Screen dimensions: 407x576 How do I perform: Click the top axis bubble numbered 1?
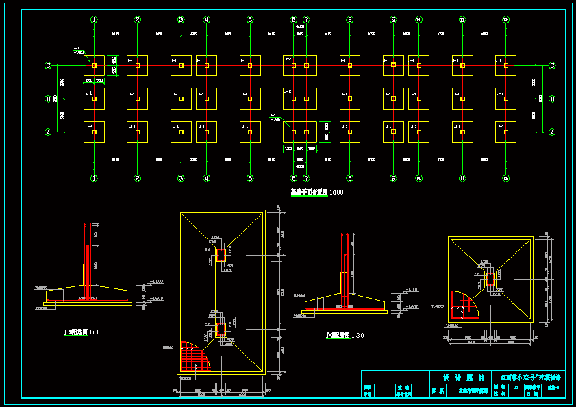(94, 20)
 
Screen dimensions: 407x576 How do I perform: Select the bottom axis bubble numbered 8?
(349, 178)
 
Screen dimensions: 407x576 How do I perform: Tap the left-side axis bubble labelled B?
(48, 99)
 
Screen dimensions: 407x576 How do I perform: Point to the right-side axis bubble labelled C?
(552, 66)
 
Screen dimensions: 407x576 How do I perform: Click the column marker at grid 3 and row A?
(181, 132)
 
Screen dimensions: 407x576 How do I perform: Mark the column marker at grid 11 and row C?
(462, 66)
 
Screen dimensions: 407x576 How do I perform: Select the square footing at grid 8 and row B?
(349, 99)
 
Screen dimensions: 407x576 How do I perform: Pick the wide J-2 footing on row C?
(300, 66)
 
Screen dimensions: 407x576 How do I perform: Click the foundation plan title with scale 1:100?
(317, 193)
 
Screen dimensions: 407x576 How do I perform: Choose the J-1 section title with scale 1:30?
(345, 336)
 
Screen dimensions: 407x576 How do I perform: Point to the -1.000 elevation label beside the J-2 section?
(158, 282)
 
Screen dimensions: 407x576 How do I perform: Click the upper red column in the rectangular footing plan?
(221, 255)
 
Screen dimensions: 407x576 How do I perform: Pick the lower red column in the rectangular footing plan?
(221, 330)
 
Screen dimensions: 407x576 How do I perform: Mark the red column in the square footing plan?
(490, 280)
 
